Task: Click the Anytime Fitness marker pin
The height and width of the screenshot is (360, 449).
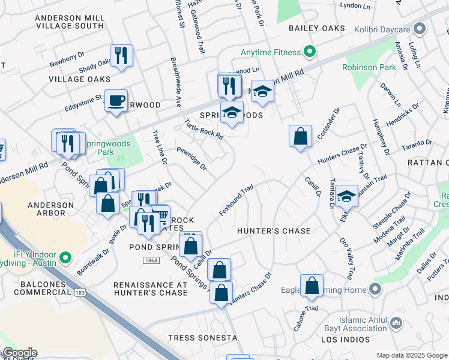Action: (309, 53)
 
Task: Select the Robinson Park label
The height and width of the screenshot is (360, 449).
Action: (369, 68)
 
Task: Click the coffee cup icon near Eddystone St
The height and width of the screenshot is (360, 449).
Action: (116, 100)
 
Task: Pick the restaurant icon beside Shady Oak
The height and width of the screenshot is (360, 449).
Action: (121, 55)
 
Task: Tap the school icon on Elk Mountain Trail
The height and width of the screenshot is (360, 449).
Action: (346, 195)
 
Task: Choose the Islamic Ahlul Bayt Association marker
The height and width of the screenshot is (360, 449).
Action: (396, 324)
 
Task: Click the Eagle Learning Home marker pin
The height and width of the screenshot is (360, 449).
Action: (375, 290)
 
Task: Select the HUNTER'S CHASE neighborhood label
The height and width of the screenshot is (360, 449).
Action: (274, 231)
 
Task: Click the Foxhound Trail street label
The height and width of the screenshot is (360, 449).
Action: (236, 200)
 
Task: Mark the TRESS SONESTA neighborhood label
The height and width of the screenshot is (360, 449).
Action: (202, 338)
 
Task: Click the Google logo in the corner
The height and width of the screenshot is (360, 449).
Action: (19, 353)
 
